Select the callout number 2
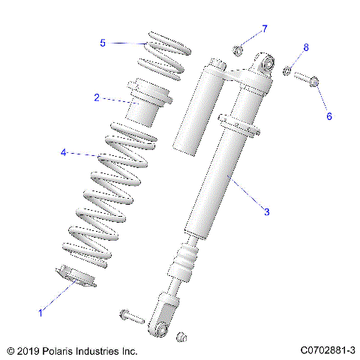point(97,97)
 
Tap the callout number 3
point(266,212)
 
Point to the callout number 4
point(64,153)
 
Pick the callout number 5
point(103,43)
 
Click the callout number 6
point(328,116)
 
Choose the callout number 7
point(264,28)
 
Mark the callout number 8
point(305,48)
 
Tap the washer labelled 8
point(287,71)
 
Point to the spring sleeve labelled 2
point(150,104)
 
